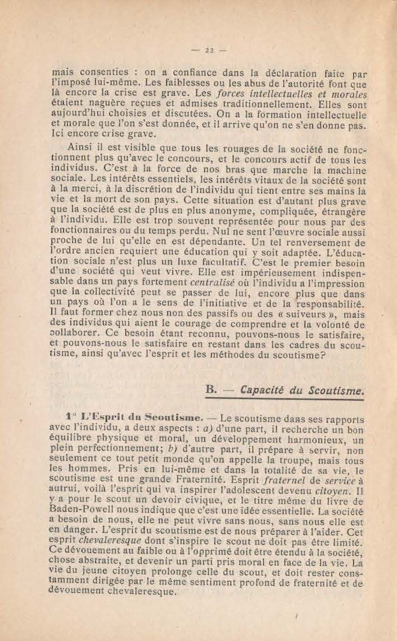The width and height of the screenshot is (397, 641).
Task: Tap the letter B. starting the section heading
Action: (211, 388)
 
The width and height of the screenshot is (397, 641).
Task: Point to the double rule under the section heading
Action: (286, 398)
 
